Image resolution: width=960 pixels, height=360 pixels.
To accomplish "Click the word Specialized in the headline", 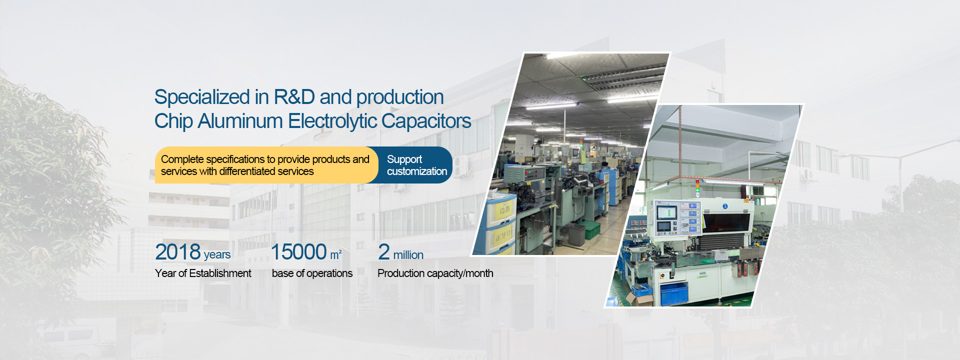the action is [x=202, y=97].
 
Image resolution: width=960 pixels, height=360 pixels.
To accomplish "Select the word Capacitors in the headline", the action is [x=426, y=121].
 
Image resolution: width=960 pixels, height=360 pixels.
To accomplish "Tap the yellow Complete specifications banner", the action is [x=265, y=165].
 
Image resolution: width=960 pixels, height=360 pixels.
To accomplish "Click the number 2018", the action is [x=178, y=252].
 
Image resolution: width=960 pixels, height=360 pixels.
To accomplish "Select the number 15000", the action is [x=299, y=252].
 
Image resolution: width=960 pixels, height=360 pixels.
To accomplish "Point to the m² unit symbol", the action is [x=336, y=255].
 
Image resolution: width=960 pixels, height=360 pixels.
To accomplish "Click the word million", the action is [x=408, y=255].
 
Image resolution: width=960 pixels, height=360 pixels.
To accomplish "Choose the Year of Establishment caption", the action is [x=203, y=273].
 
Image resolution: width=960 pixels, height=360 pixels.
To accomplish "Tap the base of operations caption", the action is [x=312, y=273].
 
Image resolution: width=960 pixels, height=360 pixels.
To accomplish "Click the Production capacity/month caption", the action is [x=435, y=273].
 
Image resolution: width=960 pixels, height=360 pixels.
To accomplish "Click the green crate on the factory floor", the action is [x=592, y=228].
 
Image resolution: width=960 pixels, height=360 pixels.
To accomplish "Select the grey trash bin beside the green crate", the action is [x=576, y=234].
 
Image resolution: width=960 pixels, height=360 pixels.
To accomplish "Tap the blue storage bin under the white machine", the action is [x=674, y=293].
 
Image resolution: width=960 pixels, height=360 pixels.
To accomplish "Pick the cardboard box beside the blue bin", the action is [x=640, y=299].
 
